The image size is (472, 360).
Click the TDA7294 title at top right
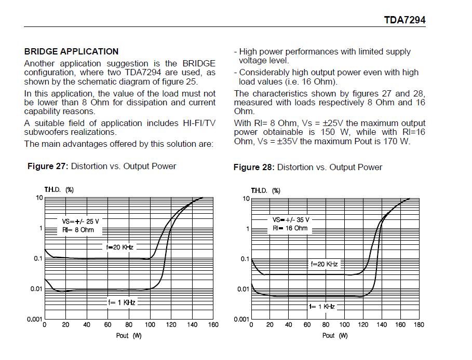pos(404,20)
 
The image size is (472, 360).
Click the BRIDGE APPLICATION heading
pos(71,51)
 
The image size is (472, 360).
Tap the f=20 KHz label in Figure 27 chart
pos(120,247)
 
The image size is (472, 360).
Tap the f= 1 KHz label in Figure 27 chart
pos(122,302)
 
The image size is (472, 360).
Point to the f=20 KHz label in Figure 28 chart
pos(324,264)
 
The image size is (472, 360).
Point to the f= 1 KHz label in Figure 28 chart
pos(322,307)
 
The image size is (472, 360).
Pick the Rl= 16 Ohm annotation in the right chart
pos(290,228)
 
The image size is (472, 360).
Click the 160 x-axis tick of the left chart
pos(213,325)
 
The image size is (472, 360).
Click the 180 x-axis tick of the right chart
pos(419,325)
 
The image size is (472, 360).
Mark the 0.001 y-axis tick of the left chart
pos(34,320)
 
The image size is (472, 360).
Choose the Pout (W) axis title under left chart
pos(128,336)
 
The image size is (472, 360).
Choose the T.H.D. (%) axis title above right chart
pos(265,190)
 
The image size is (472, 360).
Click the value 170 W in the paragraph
pos(397,141)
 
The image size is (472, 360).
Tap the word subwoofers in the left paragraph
pos(47,132)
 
